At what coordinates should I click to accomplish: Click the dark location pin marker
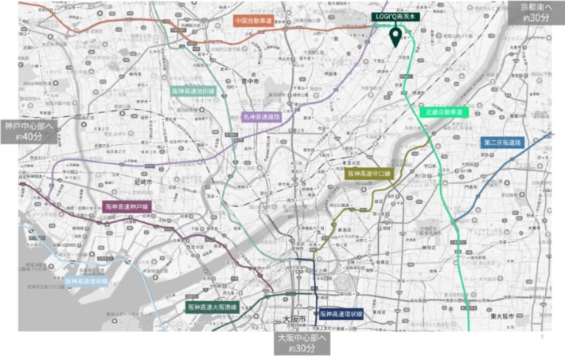click(x=395, y=37)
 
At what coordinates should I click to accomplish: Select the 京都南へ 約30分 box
click(x=535, y=12)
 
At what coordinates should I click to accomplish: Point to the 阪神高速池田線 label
click(x=193, y=92)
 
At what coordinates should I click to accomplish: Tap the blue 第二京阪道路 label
click(x=502, y=142)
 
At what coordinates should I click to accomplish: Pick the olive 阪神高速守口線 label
click(x=369, y=172)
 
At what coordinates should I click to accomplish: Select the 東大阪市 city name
click(x=527, y=317)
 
